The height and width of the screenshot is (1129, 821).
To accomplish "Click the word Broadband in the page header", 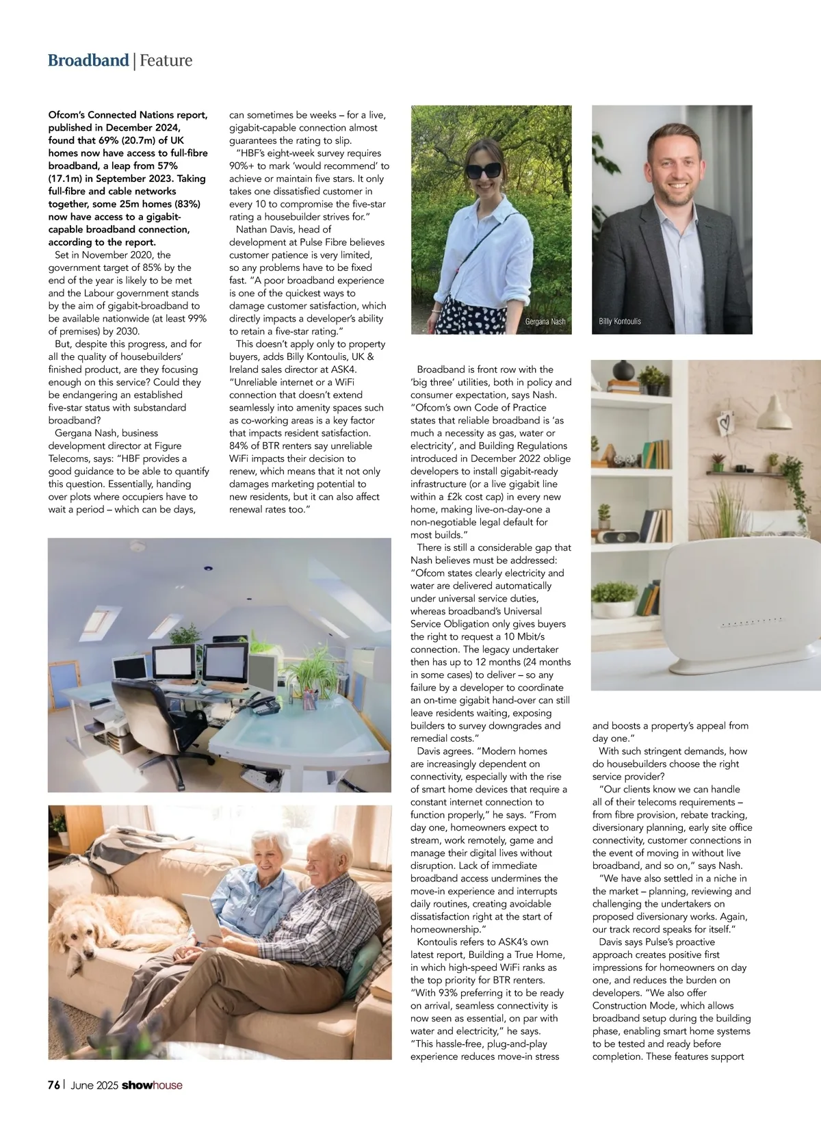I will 88,60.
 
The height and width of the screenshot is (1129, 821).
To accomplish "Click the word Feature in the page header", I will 166,60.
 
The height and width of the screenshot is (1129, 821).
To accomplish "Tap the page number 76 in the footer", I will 54,1085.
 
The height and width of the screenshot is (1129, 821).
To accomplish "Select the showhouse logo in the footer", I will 152,1085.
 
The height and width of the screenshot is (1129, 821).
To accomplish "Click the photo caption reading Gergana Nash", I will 545,322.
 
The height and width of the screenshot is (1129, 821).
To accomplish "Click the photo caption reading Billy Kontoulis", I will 620,322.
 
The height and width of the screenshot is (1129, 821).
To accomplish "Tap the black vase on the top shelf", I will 623,371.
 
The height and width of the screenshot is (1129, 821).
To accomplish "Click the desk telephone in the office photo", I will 265,703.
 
